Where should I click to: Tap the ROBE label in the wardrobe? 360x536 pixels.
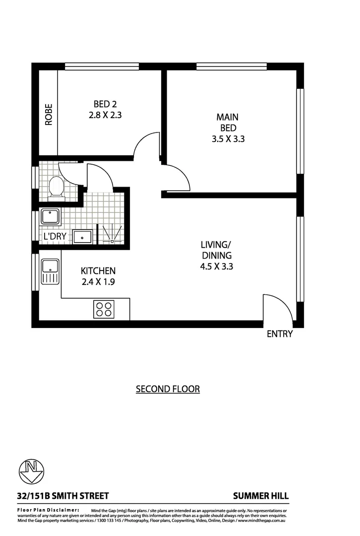pos(49,114)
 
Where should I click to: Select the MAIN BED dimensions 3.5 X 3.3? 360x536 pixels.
pos(228,139)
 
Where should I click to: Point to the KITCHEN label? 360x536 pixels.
pos(98,271)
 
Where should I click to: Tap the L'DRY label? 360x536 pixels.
pos(55,237)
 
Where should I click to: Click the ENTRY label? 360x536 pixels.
pos(280,334)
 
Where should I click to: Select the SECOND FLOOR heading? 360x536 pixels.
pos(168,389)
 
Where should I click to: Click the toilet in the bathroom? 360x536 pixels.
pos(56,187)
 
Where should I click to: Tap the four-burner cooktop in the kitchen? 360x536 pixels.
pos(104,309)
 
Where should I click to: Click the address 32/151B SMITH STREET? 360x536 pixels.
pos(63,496)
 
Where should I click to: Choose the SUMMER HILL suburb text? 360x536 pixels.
pos(261,496)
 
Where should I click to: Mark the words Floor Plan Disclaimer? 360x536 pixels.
pos(48,510)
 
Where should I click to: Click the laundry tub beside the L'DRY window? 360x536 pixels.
pos(50,217)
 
